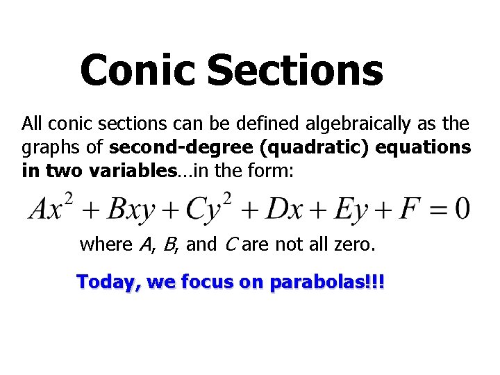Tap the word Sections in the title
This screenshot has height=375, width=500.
pos(294,70)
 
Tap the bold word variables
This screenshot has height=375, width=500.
pos(131,171)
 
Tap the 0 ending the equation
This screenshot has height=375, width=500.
pos(461,207)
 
